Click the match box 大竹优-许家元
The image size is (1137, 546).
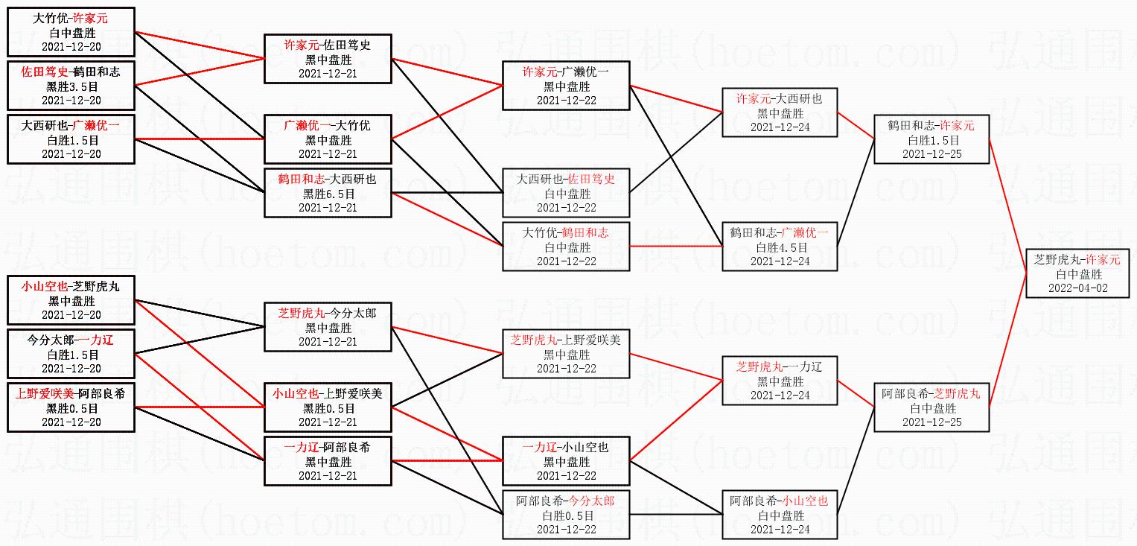point(71,33)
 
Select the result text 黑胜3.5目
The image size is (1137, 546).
point(71,86)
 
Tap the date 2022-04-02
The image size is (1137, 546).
point(1077,288)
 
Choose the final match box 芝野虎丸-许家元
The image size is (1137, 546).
point(1077,274)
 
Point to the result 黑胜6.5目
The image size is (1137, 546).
point(328,194)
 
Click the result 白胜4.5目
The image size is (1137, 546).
point(779,247)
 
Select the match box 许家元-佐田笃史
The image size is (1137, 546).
point(328,59)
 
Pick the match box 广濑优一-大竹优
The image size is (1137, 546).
point(328,139)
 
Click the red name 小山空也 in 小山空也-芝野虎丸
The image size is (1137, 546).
point(45,287)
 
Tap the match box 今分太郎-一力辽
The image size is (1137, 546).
point(71,354)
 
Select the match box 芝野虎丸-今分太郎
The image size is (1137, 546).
point(328,327)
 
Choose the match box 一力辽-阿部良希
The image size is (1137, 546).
point(328,461)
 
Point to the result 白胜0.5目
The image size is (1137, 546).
point(566,515)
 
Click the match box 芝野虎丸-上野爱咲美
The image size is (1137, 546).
point(566,354)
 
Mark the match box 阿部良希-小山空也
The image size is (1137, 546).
point(779,515)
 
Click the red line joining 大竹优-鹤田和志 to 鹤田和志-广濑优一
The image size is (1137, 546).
point(676,246)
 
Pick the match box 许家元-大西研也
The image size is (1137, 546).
point(779,112)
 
